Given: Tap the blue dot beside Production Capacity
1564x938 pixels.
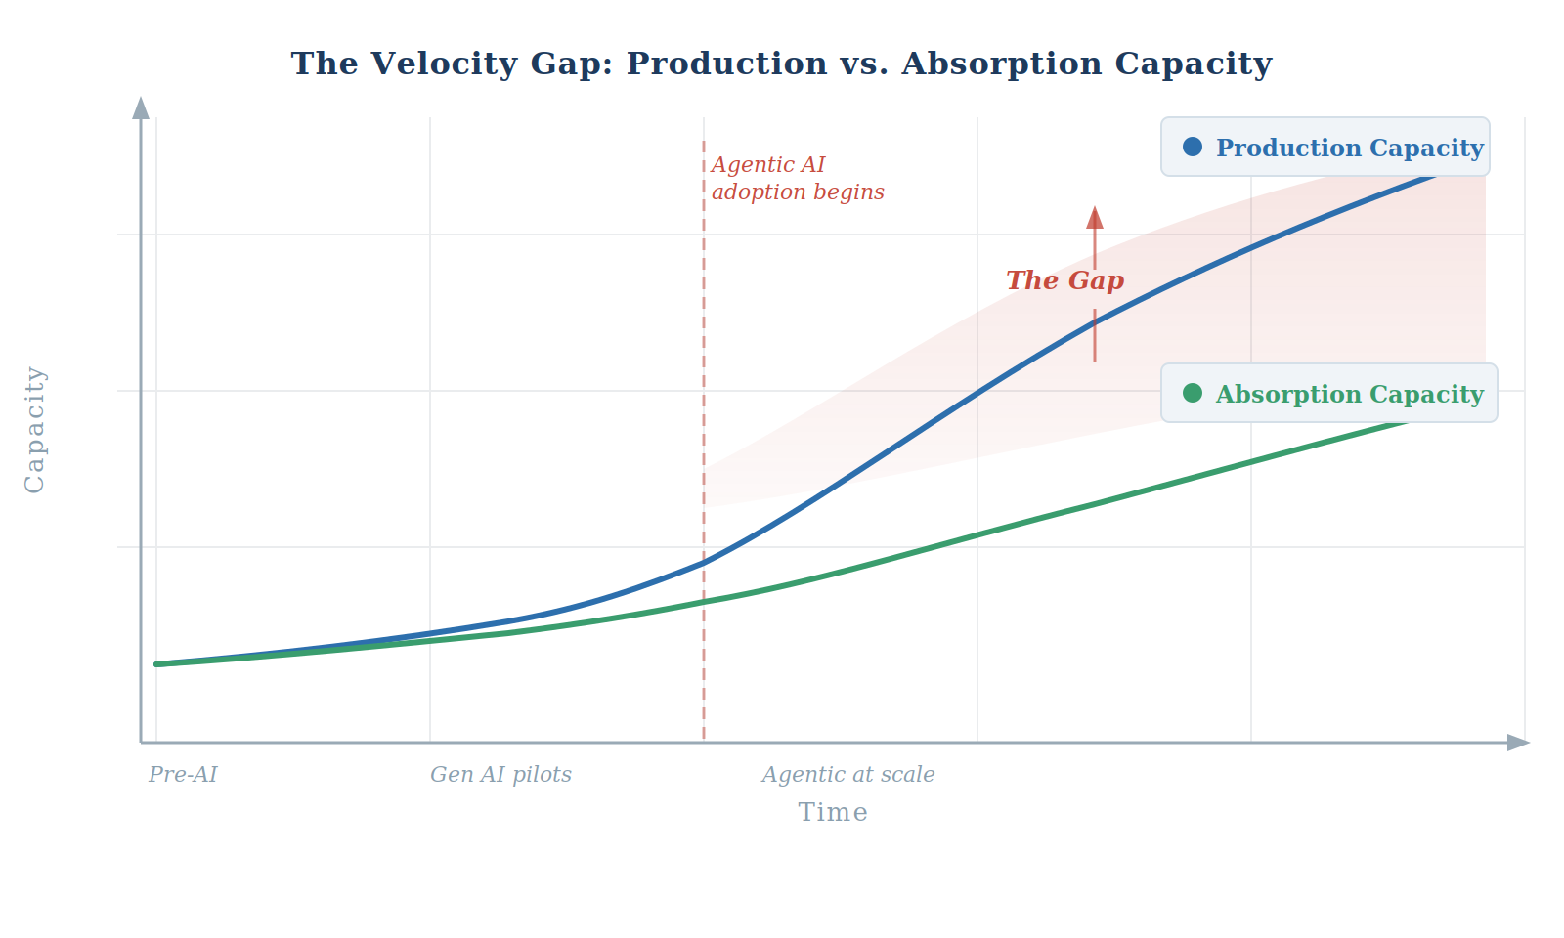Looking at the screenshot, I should tap(1192, 147).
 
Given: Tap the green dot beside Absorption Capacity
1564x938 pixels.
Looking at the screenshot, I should tap(1192, 393).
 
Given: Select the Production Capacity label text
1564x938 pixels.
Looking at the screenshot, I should tap(1349, 148).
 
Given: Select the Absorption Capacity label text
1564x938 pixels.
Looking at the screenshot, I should tap(1349, 394).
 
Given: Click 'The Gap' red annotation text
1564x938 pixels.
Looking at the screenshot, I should tap(1064, 280).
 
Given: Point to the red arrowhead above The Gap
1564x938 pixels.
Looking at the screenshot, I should tap(1095, 217).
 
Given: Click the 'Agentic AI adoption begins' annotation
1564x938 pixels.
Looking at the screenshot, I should tap(797, 178).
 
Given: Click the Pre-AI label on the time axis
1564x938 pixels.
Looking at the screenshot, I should tap(183, 775).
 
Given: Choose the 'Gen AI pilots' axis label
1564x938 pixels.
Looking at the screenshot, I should tap(500, 775).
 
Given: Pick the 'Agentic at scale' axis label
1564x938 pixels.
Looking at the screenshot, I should tap(847, 775).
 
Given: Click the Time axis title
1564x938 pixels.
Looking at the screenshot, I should tap(833, 812).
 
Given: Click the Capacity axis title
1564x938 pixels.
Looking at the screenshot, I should tap(35, 429).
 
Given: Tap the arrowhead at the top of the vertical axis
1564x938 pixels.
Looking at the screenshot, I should tap(141, 107).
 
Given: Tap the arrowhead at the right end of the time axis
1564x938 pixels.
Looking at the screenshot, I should tap(1518, 743).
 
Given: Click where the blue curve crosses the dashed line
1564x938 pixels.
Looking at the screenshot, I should tap(704, 563).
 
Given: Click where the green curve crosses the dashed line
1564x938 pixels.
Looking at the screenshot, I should tap(704, 601).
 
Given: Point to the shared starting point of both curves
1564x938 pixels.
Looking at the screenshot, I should tap(157, 664).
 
